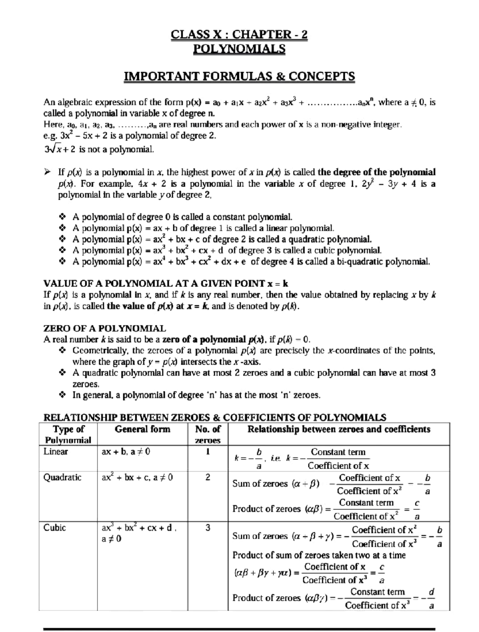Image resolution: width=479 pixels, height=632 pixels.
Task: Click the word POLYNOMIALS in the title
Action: pyautogui.click(x=239, y=49)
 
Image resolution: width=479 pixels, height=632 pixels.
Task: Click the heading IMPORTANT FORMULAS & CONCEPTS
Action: pyautogui.click(x=239, y=76)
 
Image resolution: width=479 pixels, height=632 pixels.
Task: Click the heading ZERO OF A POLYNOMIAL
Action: pyautogui.click(x=104, y=329)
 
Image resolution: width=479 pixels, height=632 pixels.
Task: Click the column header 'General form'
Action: pyautogui.click(x=142, y=429)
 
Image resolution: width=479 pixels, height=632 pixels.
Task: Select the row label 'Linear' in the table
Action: pyautogui.click(x=55, y=451)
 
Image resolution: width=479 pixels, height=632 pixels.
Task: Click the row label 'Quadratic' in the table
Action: pyautogui.click(x=62, y=477)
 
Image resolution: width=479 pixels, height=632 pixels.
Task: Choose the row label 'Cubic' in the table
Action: pyautogui.click(x=54, y=528)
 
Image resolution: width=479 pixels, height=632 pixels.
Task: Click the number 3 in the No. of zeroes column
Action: pyautogui.click(x=208, y=528)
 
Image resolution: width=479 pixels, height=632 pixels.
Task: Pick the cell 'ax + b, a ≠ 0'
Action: pyautogui.click(x=126, y=452)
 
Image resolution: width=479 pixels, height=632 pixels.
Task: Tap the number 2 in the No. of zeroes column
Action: pyautogui.click(x=208, y=477)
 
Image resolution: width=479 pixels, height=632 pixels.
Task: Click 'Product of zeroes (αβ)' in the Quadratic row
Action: pyautogui.click(x=278, y=509)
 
